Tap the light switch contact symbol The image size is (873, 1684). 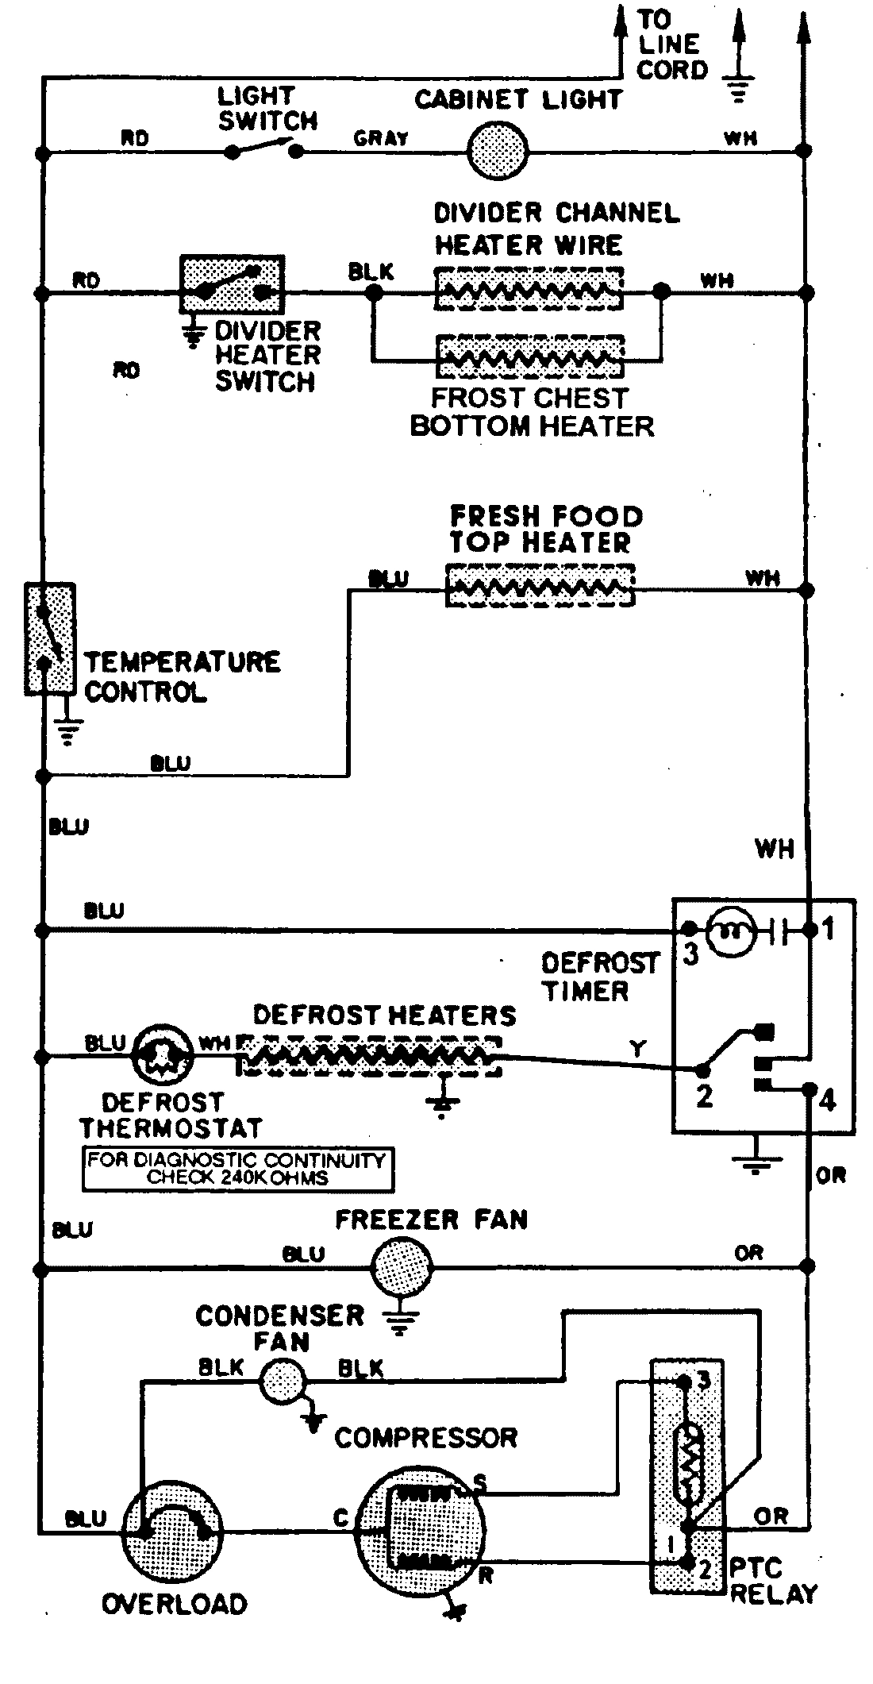point(263,148)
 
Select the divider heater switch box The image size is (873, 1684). point(232,283)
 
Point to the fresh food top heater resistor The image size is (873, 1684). point(540,587)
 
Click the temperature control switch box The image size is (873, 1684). point(49,639)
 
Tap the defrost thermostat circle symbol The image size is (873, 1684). point(163,1057)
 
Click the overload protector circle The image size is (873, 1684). point(173,1527)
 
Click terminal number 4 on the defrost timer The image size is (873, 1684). point(826,1101)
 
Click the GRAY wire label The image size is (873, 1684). point(381,138)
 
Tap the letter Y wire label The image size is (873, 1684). point(636,1050)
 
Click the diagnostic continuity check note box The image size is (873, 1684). point(237,1169)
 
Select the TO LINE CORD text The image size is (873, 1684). point(671,44)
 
